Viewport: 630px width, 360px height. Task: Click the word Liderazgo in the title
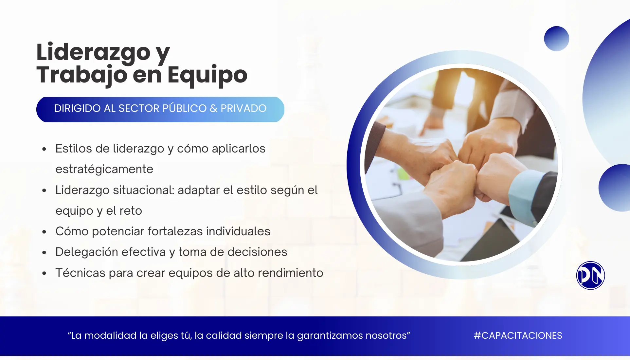pos(93,52)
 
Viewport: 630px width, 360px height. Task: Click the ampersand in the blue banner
pos(214,108)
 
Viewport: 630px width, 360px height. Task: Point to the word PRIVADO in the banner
pos(243,108)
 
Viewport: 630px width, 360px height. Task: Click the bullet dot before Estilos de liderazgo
pos(44,150)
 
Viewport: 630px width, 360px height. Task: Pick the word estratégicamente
pos(104,169)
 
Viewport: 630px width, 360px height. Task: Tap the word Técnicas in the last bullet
pos(80,273)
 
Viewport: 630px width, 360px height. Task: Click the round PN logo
pos(590,275)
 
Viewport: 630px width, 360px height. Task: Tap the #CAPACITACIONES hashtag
pos(518,335)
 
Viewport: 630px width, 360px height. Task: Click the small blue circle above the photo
pos(556,39)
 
